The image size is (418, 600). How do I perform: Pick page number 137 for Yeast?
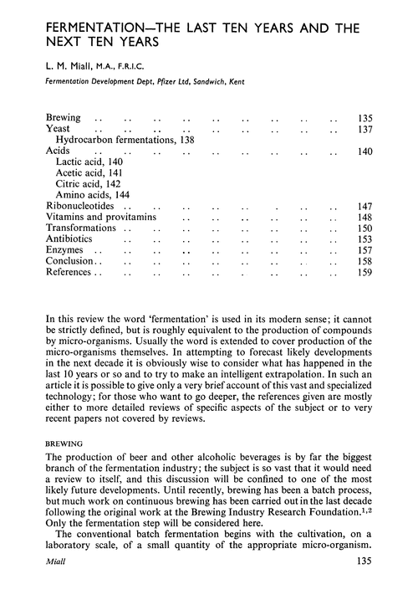click(x=365, y=130)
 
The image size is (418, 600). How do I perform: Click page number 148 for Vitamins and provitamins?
click(x=365, y=217)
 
